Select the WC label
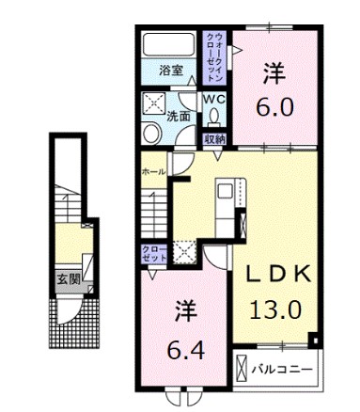click(x=213, y=98)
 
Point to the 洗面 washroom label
click(x=180, y=117)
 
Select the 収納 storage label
click(x=214, y=139)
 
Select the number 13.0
click(x=274, y=308)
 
